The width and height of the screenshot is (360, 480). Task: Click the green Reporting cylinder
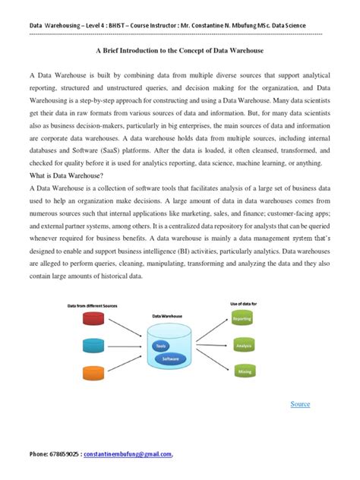click(242, 319)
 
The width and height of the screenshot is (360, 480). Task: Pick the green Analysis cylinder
click(242, 346)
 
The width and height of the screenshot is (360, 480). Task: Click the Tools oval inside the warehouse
click(159, 346)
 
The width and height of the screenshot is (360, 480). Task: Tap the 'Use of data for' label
click(244, 303)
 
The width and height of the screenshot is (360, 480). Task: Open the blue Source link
click(300, 404)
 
